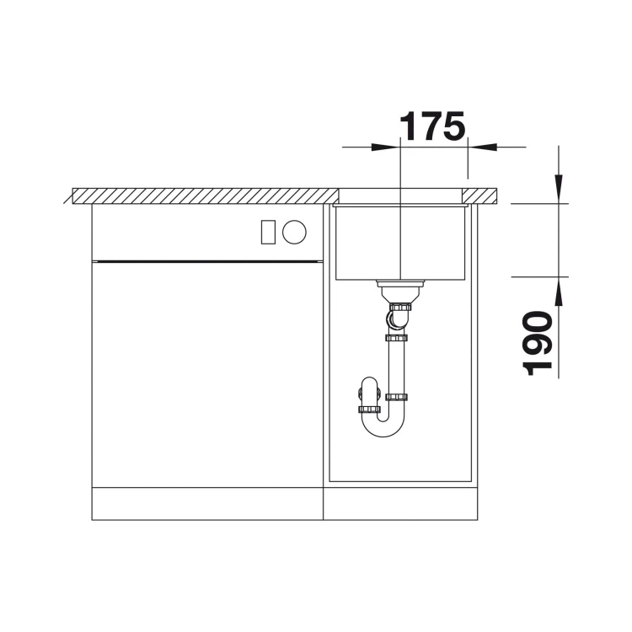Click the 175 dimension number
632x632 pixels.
click(432, 126)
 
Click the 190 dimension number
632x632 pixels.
click(538, 343)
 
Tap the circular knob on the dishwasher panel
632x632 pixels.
click(294, 232)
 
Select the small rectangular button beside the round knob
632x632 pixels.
click(268, 232)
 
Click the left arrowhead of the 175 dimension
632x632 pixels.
click(385, 147)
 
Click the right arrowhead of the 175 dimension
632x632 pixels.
click(482, 147)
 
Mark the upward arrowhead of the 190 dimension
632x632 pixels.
click(559, 292)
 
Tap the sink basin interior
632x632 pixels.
click(399, 242)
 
